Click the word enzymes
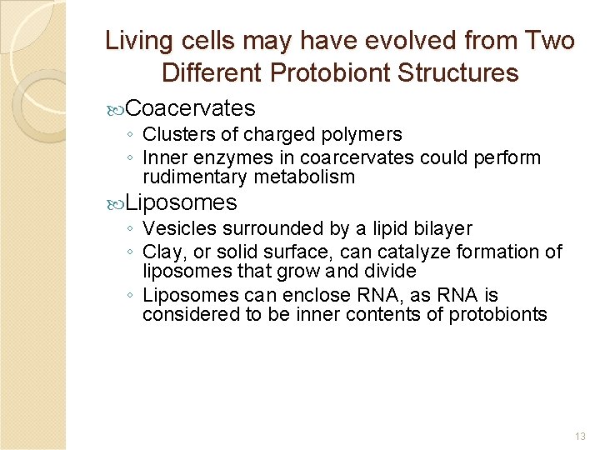tap(228, 157)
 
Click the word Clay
tap(162, 252)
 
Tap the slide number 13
tap(581, 436)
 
